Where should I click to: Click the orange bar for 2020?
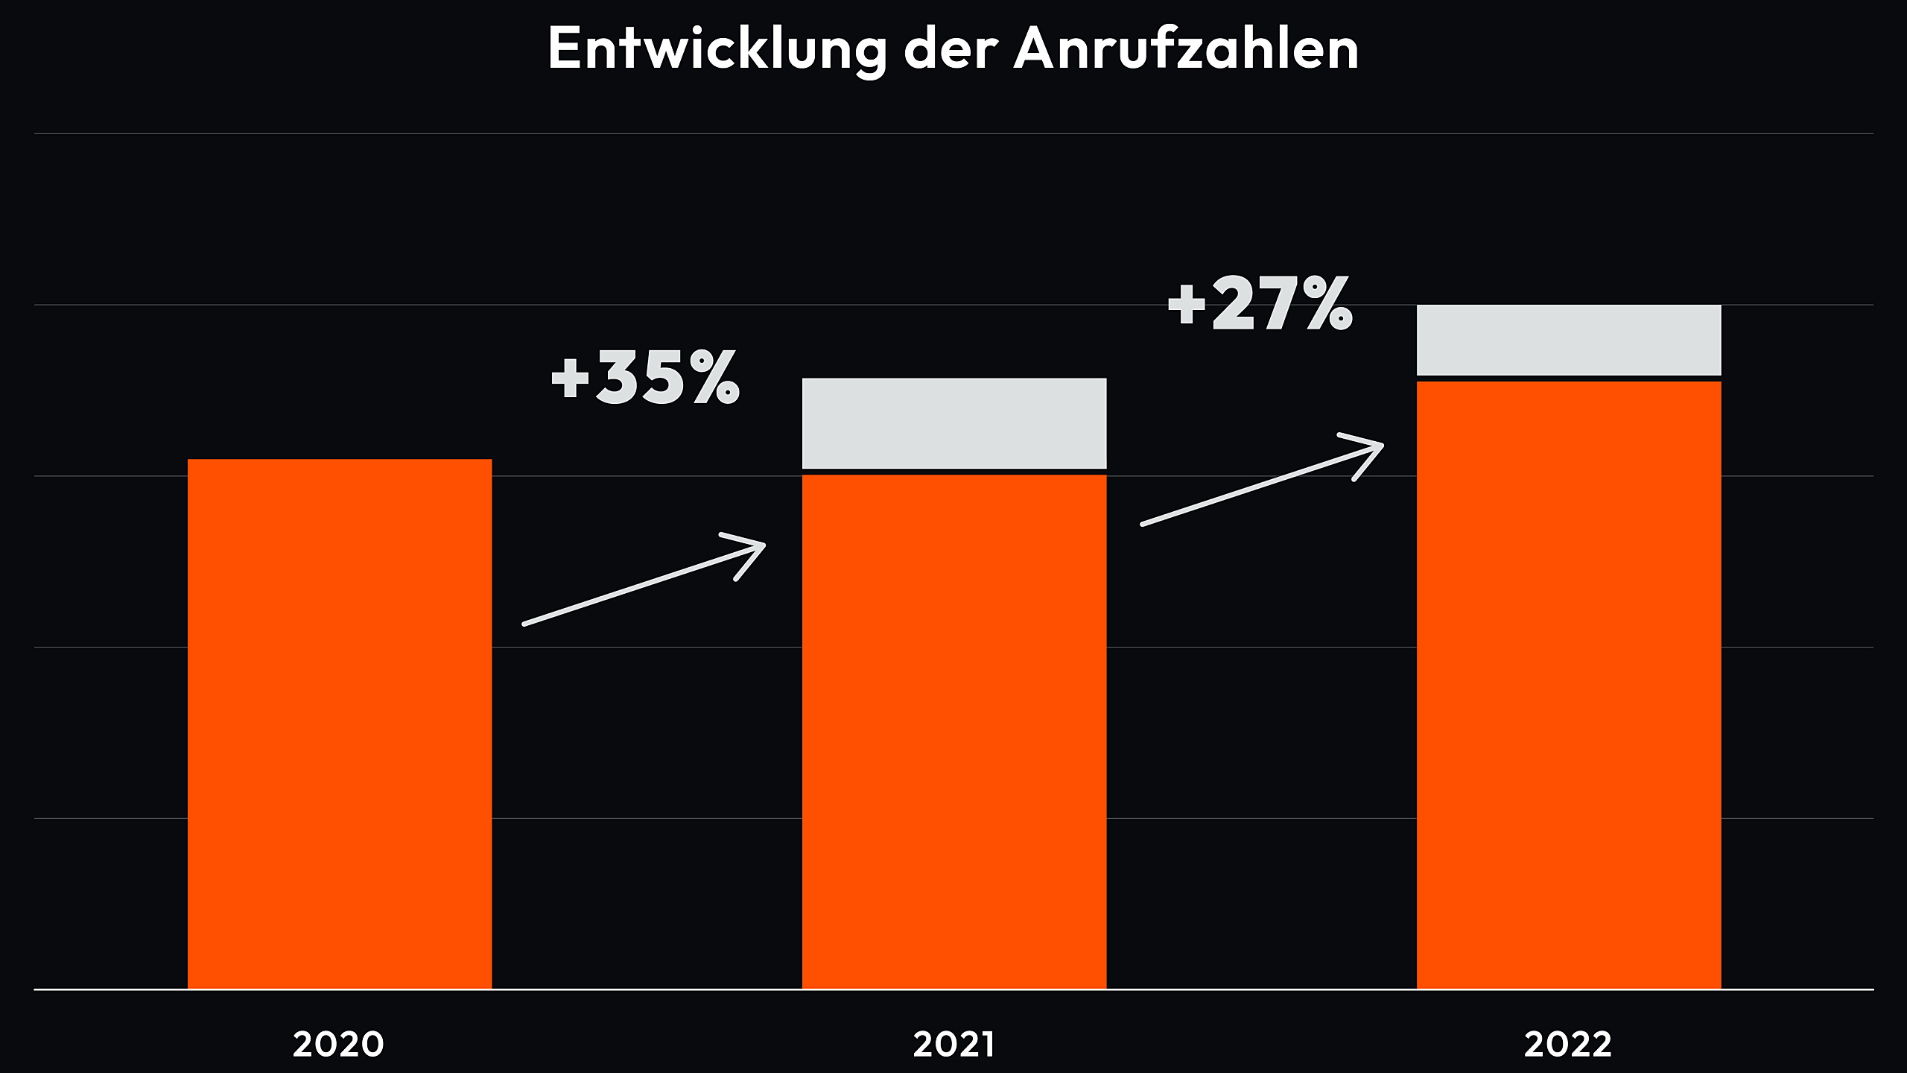point(340,723)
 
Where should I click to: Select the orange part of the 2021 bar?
point(954,730)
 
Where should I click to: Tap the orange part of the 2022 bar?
point(1569,686)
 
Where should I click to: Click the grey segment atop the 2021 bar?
point(954,423)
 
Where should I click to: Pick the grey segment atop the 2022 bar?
point(1569,340)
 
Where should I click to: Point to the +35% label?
point(645,378)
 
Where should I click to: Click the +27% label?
point(1260,303)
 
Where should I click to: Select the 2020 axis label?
point(338,1044)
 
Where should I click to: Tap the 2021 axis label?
point(953,1044)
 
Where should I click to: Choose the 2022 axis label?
point(1568,1044)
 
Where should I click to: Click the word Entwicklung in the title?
point(717,49)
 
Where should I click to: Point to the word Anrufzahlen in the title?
point(1186,49)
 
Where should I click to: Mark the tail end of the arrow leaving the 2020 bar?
point(526,623)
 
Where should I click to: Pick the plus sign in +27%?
point(1187,304)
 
